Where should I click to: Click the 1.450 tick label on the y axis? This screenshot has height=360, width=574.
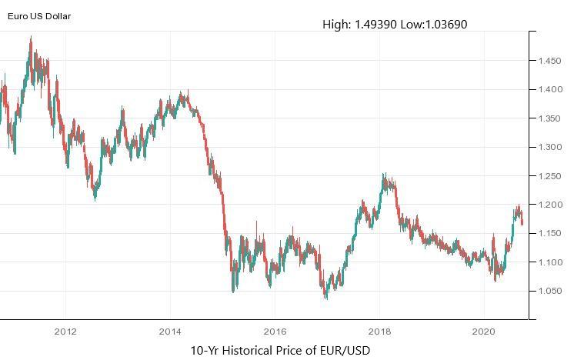[549, 61]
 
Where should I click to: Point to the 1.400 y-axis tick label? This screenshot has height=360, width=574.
[549, 90]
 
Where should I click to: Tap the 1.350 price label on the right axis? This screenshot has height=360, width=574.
[549, 118]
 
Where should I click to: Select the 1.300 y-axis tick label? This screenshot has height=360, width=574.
[549, 147]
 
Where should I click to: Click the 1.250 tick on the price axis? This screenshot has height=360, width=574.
[549, 176]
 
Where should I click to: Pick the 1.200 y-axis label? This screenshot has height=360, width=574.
[549, 205]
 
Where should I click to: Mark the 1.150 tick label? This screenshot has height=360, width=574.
[549, 234]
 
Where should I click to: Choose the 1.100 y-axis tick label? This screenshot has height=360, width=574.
[549, 262]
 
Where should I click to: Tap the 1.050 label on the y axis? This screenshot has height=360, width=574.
[549, 292]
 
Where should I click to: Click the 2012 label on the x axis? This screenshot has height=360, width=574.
[65, 332]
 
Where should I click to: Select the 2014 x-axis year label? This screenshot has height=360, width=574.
[170, 332]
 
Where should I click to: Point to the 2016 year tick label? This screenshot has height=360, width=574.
[275, 332]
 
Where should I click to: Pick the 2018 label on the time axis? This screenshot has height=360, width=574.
[379, 332]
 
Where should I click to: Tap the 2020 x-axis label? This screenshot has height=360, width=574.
[483, 332]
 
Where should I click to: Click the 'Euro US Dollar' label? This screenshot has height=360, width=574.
[39, 15]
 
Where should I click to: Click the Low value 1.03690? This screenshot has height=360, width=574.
[442, 25]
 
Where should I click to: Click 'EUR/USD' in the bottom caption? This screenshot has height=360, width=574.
[345, 351]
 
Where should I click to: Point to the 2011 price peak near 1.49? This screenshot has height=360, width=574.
[31, 38]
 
